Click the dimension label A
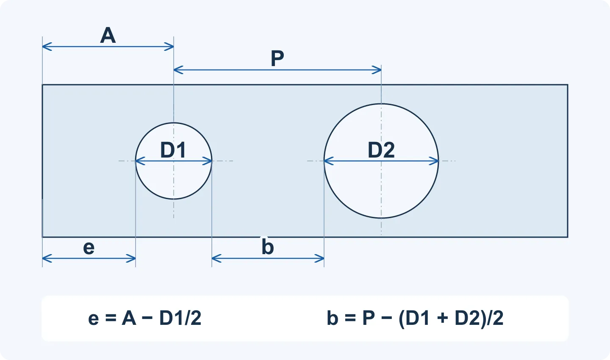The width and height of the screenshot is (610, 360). [x=108, y=35]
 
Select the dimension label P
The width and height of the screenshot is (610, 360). [x=277, y=58]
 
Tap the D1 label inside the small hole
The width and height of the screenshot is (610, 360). [x=173, y=150]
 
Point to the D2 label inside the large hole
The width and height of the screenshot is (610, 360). [x=381, y=150]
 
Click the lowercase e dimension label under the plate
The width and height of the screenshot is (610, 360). [x=89, y=248]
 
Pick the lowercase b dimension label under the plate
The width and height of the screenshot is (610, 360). [x=267, y=246]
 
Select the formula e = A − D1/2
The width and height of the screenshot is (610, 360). [x=144, y=318]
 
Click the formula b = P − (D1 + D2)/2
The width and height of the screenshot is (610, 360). [x=415, y=318]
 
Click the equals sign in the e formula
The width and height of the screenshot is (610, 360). [x=111, y=318]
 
